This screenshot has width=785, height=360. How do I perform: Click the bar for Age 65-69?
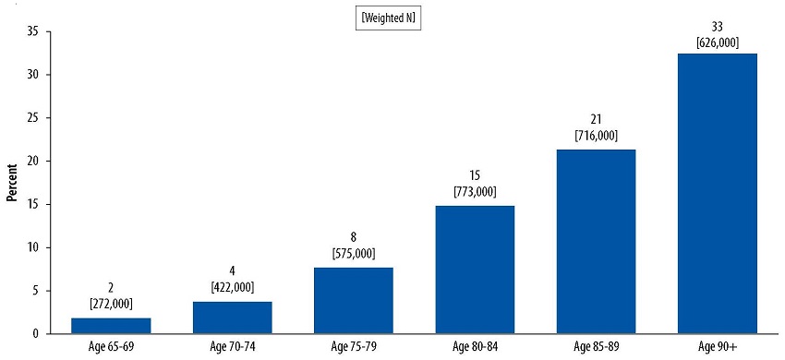coord(111,325)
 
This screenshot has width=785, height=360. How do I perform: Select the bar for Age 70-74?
coord(233,317)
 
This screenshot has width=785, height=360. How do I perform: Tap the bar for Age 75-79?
coord(354,300)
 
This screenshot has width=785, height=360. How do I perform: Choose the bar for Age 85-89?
coord(596,241)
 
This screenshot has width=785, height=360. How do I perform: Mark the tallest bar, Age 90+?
coord(717,193)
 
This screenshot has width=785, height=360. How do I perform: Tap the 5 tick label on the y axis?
coord(34,290)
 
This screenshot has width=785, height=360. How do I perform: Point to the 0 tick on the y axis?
coord(34,333)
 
